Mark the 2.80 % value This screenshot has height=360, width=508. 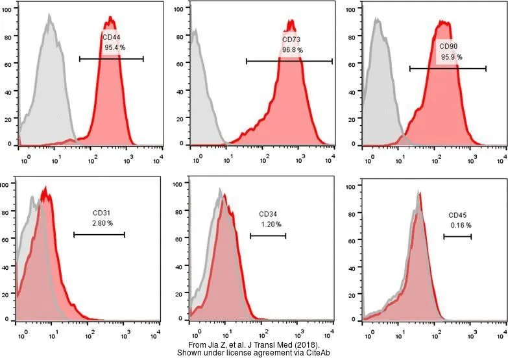(103, 222)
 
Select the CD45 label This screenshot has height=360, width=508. (457, 215)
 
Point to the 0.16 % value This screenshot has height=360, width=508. (461, 225)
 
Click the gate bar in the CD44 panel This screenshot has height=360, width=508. (111, 58)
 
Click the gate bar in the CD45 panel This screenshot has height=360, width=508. (457, 237)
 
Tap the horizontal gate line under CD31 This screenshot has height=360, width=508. (99, 235)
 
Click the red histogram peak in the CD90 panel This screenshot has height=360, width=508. (444, 23)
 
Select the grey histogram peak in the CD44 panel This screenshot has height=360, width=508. (49, 16)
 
